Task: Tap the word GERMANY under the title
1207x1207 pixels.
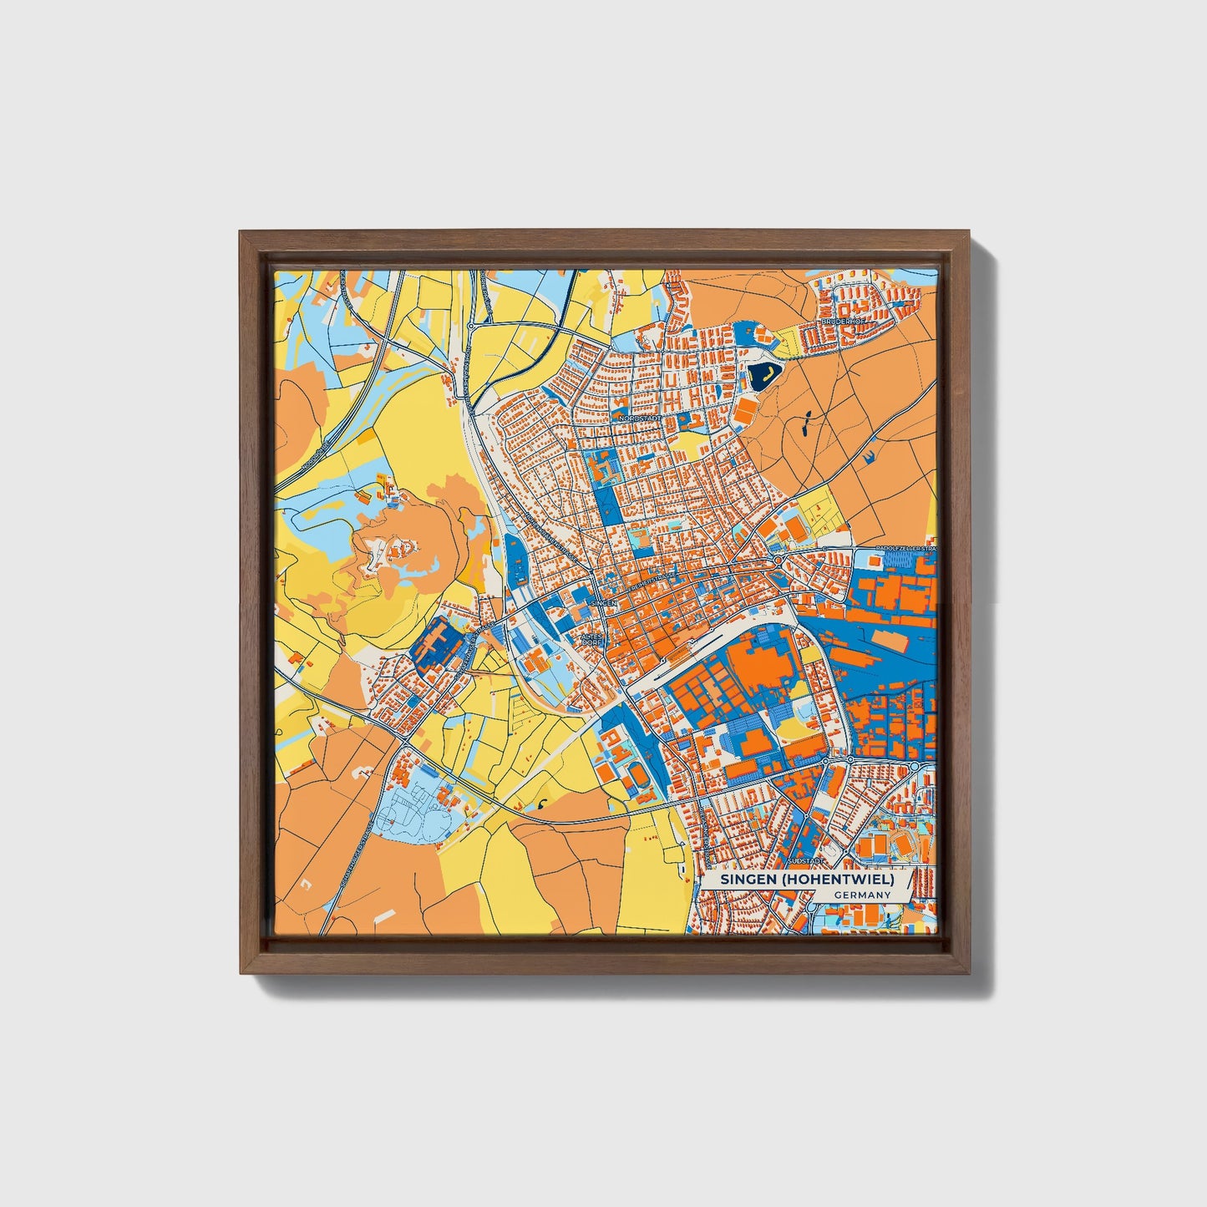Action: pos(862,895)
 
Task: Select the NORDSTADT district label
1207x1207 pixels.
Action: pos(641,418)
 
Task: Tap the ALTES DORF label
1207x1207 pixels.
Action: pos(591,640)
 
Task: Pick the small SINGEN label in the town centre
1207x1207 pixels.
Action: pos(602,602)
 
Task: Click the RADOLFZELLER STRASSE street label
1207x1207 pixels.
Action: pos(905,548)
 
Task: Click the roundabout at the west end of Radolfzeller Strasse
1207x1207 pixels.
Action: pos(778,559)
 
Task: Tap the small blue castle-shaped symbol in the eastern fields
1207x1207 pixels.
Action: pos(870,455)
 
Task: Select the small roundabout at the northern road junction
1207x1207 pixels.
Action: pos(471,325)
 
